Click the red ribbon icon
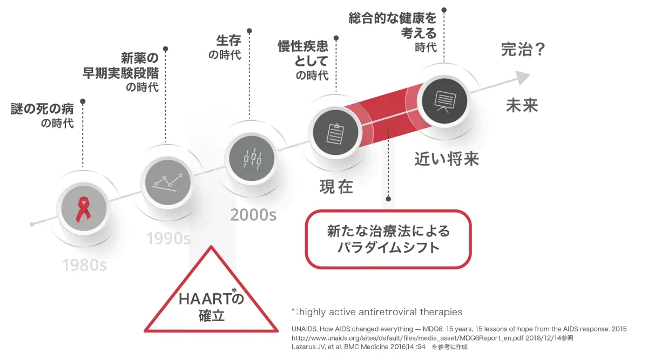83,209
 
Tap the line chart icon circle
167,182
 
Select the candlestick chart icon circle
252,159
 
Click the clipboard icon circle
335,132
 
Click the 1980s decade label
85,265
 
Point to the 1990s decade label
168,238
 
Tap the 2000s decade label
253,215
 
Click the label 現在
336,187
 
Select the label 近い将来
447,159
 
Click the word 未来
522,105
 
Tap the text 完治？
523,50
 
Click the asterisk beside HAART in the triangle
234,290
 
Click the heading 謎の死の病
42,109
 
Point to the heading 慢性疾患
303,46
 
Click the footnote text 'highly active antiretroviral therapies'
381,312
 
